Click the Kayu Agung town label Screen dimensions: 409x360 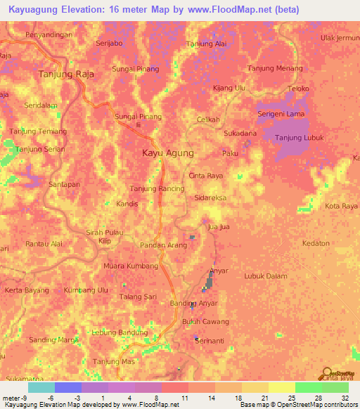[x=167, y=152]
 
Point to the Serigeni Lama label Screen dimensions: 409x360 [x=281, y=114]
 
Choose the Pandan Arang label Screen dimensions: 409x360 [x=164, y=245]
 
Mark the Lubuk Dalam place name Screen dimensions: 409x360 [x=265, y=276]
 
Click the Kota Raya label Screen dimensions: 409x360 [x=342, y=206]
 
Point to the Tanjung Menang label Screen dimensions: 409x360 [x=275, y=68]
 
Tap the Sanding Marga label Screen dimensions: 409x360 [x=53, y=340]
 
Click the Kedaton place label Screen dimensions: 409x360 [x=316, y=243]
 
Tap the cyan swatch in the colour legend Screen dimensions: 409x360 [x=41, y=387]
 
